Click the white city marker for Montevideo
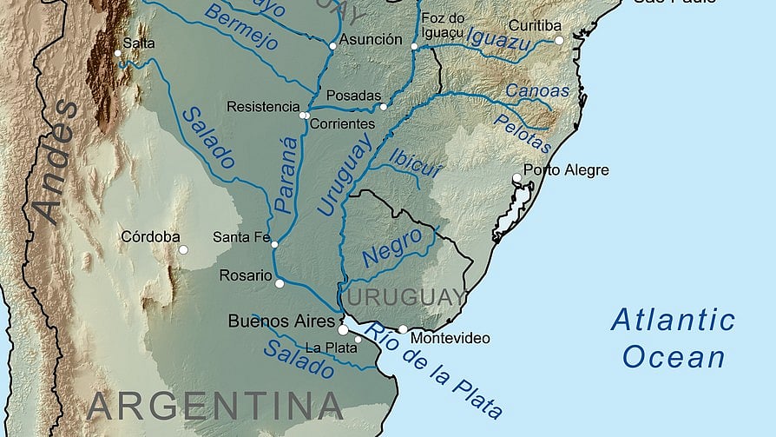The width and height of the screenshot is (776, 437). [403, 329]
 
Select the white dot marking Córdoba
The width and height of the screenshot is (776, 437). [183, 249]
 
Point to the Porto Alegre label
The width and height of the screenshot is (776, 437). [566, 170]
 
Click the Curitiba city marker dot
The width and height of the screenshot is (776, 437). [559, 40]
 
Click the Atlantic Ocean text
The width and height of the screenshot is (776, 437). [673, 338]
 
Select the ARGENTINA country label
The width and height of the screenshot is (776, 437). [215, 405]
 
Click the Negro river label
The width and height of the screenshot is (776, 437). [392, 248]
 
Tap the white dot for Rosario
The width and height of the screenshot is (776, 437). [279, 283]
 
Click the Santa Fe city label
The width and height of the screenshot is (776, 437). [242, 237]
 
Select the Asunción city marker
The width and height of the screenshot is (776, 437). [332, 45]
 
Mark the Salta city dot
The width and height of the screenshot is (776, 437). [118, 53]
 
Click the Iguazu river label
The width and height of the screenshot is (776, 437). [498, 36]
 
